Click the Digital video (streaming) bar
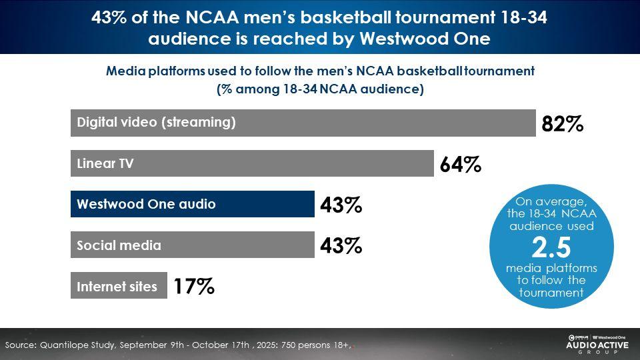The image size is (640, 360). pos(303,123)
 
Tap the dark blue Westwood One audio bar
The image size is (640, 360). pos(192,204)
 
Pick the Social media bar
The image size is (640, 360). pos(192,245)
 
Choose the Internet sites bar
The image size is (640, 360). pos(119,286)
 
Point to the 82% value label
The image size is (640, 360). pos(563,124)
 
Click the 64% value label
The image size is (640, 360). pos(461,165)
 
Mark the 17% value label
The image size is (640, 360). pos(194,287)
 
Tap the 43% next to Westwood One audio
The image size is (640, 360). pos(341,205)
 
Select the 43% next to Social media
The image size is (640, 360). pos(341,246)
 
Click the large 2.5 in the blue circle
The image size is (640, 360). pos(551,248)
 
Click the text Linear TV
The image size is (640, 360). pos(105,164)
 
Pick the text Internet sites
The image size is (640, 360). pos(117,287)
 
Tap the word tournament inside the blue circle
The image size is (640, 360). pos(551,292)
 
